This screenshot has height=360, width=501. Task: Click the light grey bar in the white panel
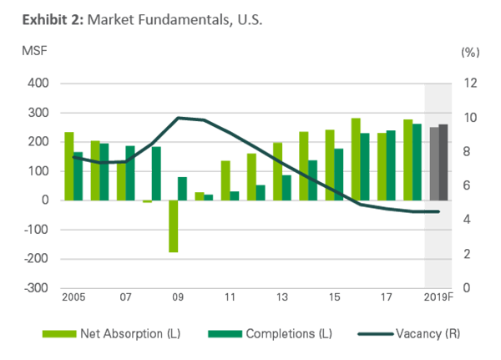(433, 164)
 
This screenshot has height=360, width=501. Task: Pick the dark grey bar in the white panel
(443, 162)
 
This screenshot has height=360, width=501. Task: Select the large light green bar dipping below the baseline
(174, 226)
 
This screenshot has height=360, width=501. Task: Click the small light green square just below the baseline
(146, 207)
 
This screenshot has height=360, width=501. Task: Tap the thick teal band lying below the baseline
(384, 210)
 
